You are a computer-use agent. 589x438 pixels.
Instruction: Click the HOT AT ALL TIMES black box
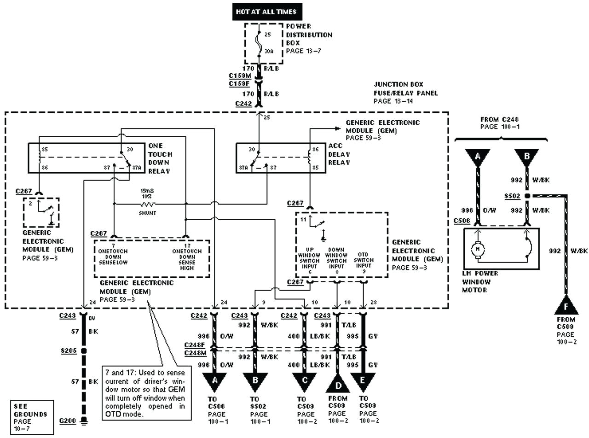point(266,12)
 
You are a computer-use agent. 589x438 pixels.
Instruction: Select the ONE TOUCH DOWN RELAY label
point(160,158)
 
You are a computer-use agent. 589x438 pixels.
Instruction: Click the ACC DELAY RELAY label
point(340,154)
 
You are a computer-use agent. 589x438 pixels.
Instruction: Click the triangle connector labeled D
point(338,383)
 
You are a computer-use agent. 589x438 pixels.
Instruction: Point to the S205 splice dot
point(84,350)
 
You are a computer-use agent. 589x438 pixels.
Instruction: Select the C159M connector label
point(240,76)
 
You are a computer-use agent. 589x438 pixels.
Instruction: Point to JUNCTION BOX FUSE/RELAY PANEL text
point(405,93)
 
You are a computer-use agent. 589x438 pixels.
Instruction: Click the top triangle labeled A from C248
point(478,158)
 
